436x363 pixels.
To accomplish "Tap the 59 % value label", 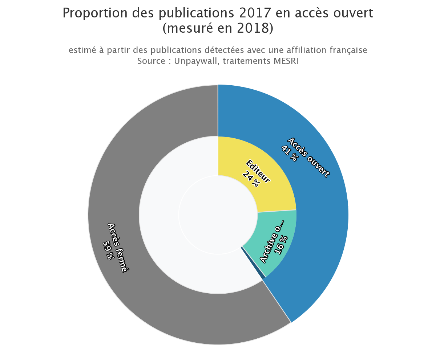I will click(x=109, y=250).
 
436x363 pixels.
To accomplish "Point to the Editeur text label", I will click(x=258, y=171).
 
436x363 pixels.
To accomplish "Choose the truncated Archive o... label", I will click(x=271, y=242).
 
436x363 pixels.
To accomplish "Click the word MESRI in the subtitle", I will click(x=286, y=61).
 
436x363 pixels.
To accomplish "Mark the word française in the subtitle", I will click(x=348, y=50).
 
